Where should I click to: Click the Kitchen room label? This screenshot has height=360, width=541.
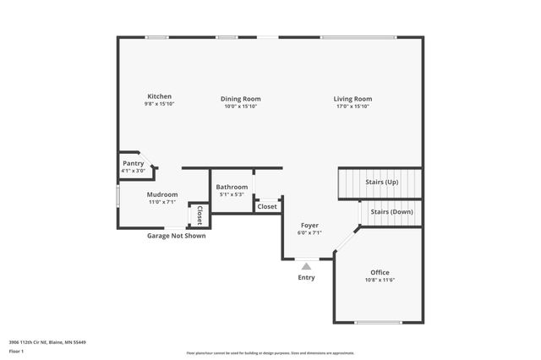click(x=160, y=97)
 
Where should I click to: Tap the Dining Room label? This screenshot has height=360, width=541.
click(x=240, y=98)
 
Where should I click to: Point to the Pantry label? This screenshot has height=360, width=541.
click(x=134, y=163)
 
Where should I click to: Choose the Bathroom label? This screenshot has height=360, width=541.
click(x=232, y=187)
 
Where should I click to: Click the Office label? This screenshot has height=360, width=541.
click(x=380, y=272)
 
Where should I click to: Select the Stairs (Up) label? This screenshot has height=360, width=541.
click(x=381, y=182)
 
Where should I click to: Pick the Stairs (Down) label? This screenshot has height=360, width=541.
click(x=391, y=211)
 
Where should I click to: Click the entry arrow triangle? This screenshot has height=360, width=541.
click(x=306, y=266)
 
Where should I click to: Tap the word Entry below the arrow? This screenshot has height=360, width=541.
click(x=306, y=277)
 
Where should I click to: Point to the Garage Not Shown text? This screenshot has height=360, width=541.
click(x=177, y=236)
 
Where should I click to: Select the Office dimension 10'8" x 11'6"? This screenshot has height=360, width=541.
click(x=380, y=281)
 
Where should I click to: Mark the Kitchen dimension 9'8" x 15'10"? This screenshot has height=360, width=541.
click(x=160, y=106)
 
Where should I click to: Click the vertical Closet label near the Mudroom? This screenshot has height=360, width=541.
click(x=199, y=215)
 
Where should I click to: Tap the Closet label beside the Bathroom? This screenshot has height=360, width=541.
click(x=267, y=206)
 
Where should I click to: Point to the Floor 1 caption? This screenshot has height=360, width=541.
click(x=16, y=351)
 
